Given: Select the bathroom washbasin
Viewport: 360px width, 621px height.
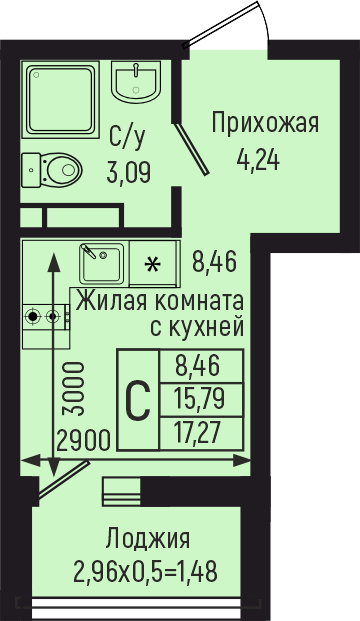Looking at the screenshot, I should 135,80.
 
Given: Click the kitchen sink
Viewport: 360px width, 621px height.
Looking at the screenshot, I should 101,263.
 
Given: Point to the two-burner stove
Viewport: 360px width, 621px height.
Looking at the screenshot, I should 45,317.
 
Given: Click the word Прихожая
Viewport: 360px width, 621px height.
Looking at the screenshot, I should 264,124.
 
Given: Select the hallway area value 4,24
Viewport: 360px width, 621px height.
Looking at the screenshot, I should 257,157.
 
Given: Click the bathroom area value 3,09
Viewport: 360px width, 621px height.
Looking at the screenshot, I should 129,172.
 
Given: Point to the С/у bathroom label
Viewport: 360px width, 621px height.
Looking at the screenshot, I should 126,136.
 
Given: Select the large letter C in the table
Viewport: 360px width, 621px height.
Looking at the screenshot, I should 137,400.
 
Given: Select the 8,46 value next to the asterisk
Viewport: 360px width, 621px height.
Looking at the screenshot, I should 214,264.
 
